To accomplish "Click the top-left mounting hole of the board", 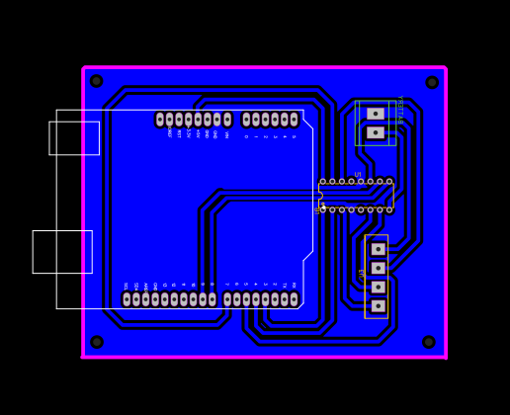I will pyautogui.click(x=97, y=81).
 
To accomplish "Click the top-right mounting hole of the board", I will pyautogui.click(x=432, y=82).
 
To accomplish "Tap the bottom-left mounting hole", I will pyautogui.click(x=97, y=342).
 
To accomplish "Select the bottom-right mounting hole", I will pyautogui.click(x=429, y=342).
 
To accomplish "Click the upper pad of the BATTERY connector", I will pyautogui.click(x=376, y=114).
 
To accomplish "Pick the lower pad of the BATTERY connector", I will pyautogui.click(x=376, y=132).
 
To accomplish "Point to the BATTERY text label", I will pyautogui.click(x=399, y=110).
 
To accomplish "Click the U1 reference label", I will pyautogui.click(x=358, y=174).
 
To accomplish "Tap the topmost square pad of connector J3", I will pyautogui.click(x=378, y=249).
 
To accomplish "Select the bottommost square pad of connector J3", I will pyautogui.click(x=378, y=306).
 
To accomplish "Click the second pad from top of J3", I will pyautogui.click(x=378, y=268).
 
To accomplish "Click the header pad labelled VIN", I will pyautogui.click(x=227, y=120).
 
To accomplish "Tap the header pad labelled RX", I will pyautogui.click(x=294, y=299).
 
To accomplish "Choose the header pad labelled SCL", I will pyautogui.click(x=127, y=299).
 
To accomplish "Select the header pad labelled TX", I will pyautogui.click(x=285, y=299).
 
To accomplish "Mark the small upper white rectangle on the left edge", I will pyautogui.click(x=74, y=138).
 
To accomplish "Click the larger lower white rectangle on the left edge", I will pyautogui.click(x=62, y=252).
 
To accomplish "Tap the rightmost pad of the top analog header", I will pyautogui.click(x=294, y=120).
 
